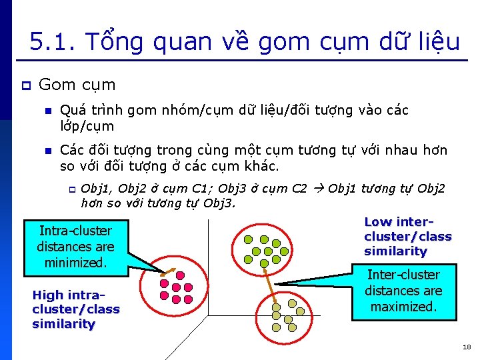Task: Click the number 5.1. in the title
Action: (x=53, y=42)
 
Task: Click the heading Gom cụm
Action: (x=77, y=85)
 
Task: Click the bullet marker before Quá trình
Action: (x=47, y=111)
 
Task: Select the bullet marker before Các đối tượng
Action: (x=47, y=151)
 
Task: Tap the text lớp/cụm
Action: (x=87, y=126)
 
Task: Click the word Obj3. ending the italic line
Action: (x=219, y=203)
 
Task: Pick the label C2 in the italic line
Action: (x=299, y=189)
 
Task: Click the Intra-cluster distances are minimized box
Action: (x=75, y=247)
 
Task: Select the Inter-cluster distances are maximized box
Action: (x=403, y=291)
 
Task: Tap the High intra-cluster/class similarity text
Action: (x=75, y=309)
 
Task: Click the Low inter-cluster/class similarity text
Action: (x=407, y=237)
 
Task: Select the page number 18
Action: (x=466, y=347)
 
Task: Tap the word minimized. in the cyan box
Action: (x=75, y=263)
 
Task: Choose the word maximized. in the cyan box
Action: (x=403, y=307)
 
